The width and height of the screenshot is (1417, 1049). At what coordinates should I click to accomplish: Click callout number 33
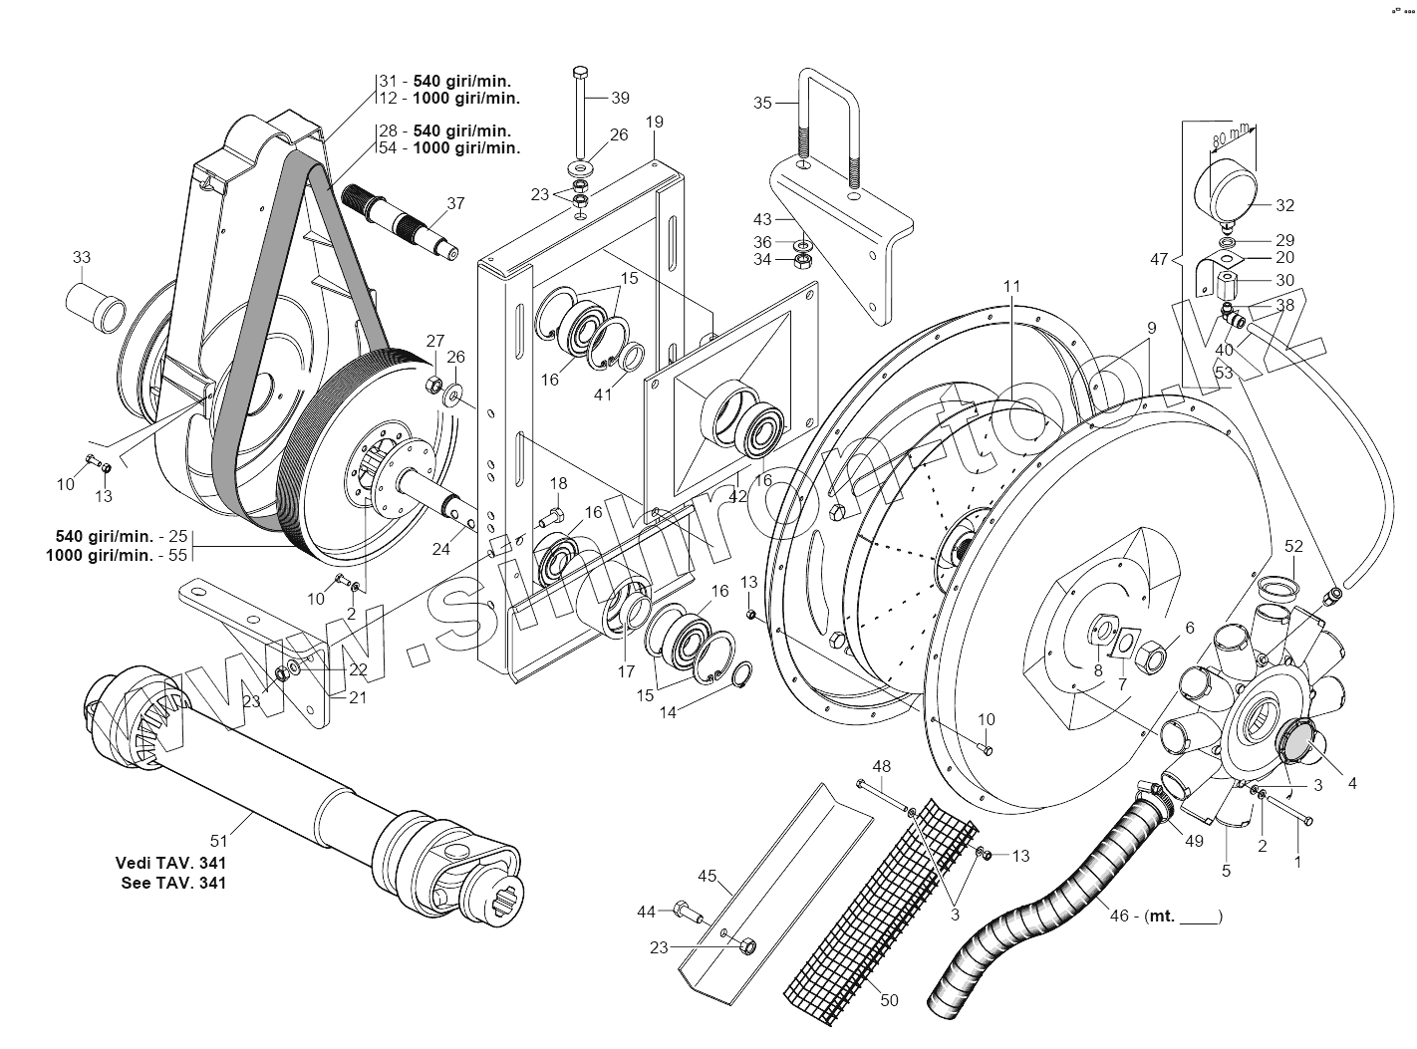pos(81,257)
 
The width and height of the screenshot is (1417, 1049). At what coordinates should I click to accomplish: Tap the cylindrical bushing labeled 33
pos(97,298)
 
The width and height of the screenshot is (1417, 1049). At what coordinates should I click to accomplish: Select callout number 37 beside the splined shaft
pos(455,203)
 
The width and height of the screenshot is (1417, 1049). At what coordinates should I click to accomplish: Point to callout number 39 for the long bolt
pos(620,98)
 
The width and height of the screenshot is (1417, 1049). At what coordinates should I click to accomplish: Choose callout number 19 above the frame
pos(654,122)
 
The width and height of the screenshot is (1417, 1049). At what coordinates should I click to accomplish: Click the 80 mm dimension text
pos(1231,136)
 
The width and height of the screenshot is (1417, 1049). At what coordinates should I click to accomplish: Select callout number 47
pos(1158,259)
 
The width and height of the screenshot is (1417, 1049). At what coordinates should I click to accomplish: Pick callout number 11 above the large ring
pos(1011,286)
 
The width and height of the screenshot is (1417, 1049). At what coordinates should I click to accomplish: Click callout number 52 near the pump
pos(1293,546)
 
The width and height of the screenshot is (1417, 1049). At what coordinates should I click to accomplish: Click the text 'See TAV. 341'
pos(171,883)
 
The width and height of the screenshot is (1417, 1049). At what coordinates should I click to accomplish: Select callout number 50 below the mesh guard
pos(890,999)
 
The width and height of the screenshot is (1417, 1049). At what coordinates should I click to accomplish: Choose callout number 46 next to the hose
pos(1127,916)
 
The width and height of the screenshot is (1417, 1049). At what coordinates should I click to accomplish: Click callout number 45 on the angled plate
pos(707,876)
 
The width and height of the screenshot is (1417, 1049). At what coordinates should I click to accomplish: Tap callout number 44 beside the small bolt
pos(647,911)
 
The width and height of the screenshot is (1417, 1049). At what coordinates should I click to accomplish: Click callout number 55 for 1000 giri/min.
pos(178,556)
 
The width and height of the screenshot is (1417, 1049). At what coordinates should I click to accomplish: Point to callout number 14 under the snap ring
pos(667,712)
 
